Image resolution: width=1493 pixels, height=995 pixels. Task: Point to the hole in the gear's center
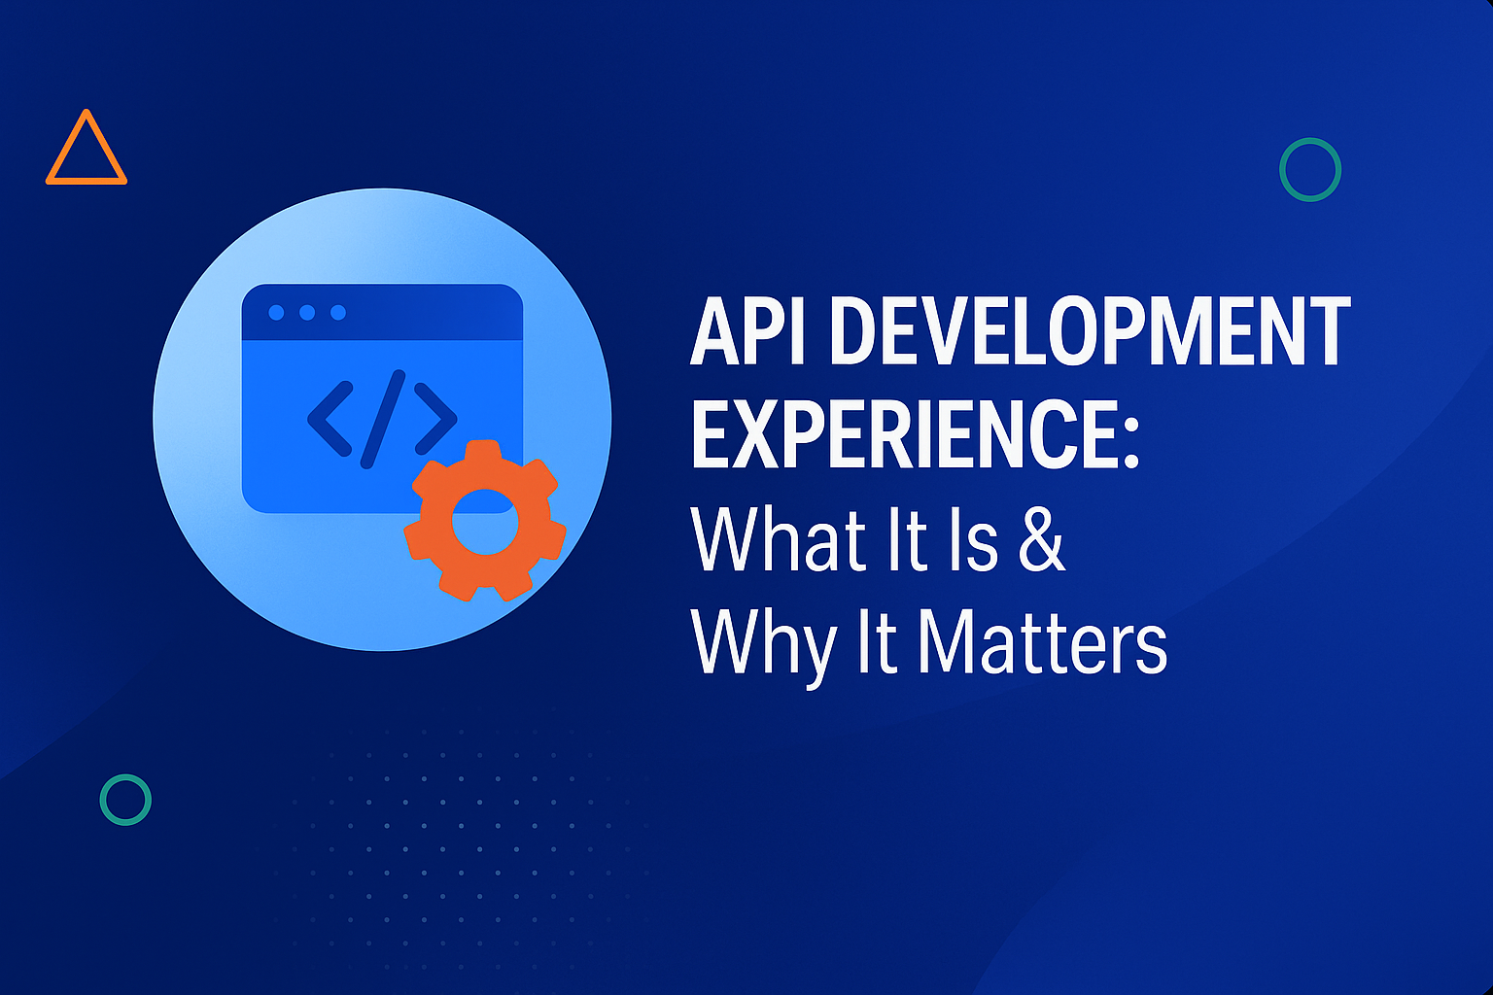point(484,522)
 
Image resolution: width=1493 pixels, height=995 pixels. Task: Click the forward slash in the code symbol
point(382,419)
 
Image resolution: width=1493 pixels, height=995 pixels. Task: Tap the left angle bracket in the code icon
point(330,419)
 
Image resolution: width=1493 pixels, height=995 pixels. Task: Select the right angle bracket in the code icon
point(434,419)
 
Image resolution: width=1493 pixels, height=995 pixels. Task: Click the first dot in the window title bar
point(276,312)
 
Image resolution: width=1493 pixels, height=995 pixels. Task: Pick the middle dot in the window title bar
point(307,312)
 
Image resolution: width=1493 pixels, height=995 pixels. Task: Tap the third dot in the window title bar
point(338,312)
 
